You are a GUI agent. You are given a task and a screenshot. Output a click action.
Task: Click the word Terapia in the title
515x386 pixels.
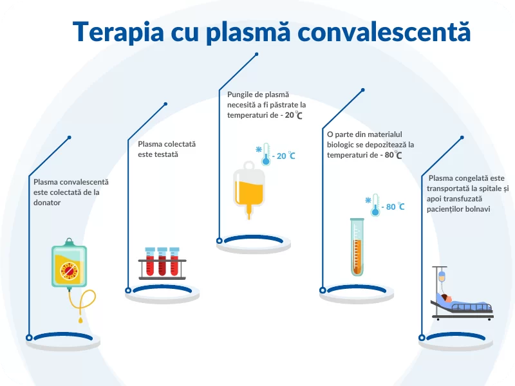tap(118, 32)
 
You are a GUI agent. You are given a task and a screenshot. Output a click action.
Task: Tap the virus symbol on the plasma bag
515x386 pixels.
tap(70, 271)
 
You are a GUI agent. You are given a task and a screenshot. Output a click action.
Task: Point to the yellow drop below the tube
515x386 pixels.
tap(80, 319)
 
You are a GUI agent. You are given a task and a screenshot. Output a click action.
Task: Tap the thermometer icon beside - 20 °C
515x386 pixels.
tap(266, 154)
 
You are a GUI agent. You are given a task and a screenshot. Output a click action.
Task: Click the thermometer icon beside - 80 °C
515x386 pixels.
tap(375, 205)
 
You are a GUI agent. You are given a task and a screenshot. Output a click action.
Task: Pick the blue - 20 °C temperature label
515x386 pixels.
tap(284, 156)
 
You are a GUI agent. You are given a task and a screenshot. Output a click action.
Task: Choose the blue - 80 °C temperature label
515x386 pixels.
tap(393, 207)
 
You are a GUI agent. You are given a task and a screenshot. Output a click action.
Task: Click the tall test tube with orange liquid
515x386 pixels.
tap(357, 247)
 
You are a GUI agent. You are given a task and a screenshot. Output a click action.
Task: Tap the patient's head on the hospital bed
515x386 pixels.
tap(446, 298)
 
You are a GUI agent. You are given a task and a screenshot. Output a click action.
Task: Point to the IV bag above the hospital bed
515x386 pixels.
tap(442, 276)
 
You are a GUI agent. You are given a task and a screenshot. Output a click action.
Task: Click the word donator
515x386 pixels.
tap(47, 203)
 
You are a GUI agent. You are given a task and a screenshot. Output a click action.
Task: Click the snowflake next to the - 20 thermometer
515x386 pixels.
tap(259, 150)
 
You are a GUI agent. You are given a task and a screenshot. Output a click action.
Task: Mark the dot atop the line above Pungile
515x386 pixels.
tap(256, 54)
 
